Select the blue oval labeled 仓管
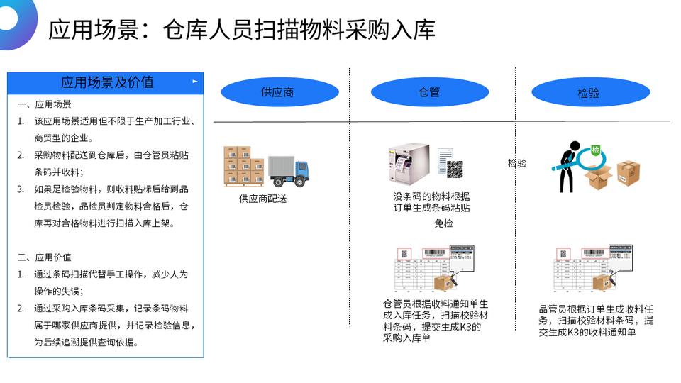(x=429, y=92)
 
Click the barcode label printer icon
(x=408, y=165)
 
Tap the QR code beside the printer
(x=454, y=169)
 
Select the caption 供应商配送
(x=263, y=199)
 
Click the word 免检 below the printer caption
(x=443, y=223)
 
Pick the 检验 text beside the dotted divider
(x=517, y=163)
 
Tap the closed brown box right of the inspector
(x=628, y=172)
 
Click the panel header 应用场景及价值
(x=107, y=82)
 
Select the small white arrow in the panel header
(x=195, y=82)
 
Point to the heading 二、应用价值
(x=44, y=257)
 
